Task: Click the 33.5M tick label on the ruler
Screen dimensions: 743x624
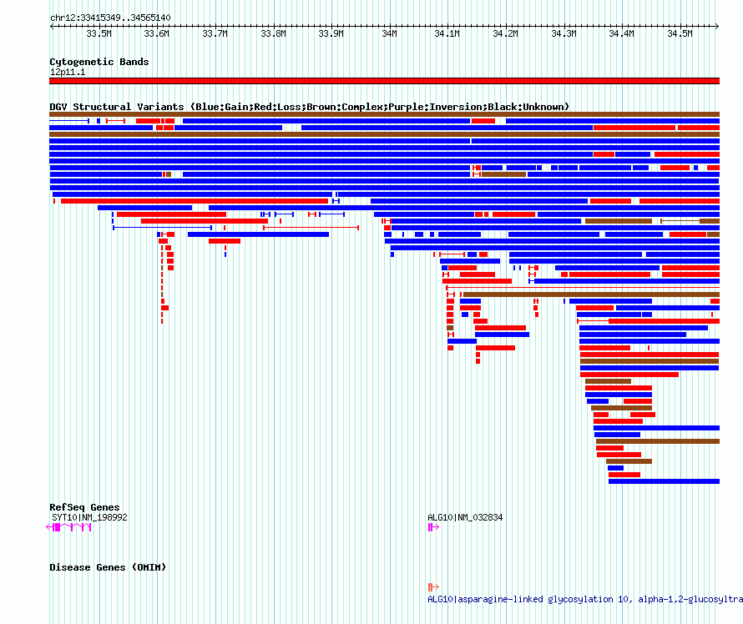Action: tap(99, 33)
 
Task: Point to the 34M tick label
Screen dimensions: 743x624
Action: tap(390, 33)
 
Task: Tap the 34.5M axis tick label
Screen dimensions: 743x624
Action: tap(680, 33)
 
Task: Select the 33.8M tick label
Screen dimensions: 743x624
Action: tap(274, 33)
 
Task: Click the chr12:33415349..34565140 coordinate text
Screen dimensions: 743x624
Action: tap(110, 18)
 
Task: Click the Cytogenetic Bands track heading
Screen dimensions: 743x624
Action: tap(99, 62)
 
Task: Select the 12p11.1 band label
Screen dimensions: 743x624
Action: tap(68, 72)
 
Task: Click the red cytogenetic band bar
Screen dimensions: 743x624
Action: tap(384, 81)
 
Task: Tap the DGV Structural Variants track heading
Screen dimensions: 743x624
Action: tap(309, 107)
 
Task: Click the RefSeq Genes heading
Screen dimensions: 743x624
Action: tap(84, 507)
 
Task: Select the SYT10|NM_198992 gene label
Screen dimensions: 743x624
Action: tap(89, 517)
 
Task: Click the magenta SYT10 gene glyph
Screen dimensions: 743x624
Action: tap(68, 527)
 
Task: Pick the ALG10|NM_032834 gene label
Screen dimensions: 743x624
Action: tap(465, 517)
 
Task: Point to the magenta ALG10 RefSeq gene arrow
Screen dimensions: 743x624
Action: tap(433, 527)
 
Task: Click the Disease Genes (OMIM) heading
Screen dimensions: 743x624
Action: tap(108, 567)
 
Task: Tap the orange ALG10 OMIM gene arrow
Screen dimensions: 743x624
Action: tap(433, 587)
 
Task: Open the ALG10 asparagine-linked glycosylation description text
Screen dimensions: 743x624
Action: tap(585, 599)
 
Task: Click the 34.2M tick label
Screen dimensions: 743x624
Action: tap(506, 33)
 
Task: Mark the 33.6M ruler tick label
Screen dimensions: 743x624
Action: tap(157, 33)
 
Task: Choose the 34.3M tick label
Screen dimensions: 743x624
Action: tap(564, 33)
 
